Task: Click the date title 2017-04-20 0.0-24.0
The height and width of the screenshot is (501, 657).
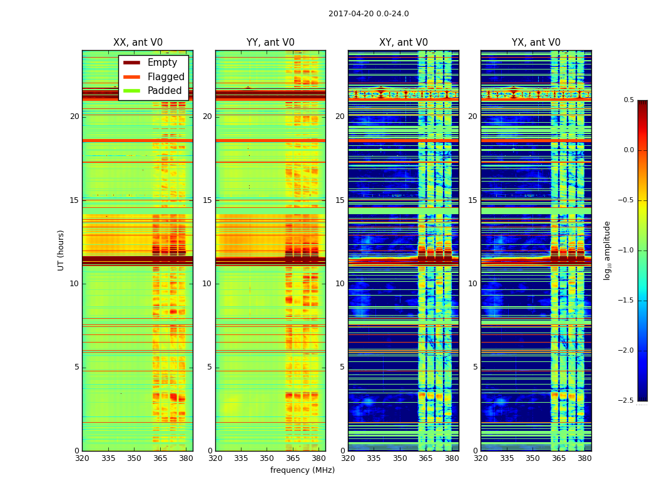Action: (x=369, y=14)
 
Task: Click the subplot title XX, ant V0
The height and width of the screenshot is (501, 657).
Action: (x=138, y=43)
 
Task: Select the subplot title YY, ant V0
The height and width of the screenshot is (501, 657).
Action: (x=270, y=43)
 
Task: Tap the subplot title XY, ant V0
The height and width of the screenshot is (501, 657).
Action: (x=404, y=43)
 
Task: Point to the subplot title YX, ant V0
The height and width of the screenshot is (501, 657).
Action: (x=536, y=43)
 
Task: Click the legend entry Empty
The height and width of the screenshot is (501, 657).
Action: (x=162, y=63)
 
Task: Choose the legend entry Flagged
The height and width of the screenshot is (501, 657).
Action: (x=166, y=77)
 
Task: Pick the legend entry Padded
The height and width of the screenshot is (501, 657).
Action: (x=165, y=91)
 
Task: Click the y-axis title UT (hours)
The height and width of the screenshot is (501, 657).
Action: (x=61, y=250)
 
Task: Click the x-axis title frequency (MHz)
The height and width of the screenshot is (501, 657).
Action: (x=302, y=470)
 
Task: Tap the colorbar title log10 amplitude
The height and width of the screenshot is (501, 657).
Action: (x=608, y=250)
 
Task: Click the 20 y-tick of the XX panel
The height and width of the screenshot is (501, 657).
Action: (x=74, y=116)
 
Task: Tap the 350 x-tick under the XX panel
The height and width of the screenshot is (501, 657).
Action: (x=134, y=458)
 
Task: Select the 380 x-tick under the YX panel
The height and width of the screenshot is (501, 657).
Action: (x=584, y=458)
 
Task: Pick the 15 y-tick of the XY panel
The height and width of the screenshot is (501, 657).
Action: (x=340, y=200)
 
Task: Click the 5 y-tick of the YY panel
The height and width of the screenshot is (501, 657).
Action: (x=210, y=367)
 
